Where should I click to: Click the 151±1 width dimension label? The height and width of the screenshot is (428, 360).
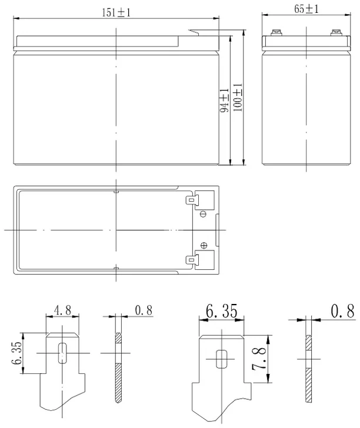click(x=116, y=12)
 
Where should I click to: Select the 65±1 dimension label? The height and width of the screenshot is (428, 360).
click(x=306, y=9)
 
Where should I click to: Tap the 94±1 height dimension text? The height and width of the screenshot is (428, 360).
click(x=224, y=101)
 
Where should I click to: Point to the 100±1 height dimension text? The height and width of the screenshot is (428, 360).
click(x=238, y=98)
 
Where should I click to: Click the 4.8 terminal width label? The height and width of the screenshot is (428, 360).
click(x=62, y=310)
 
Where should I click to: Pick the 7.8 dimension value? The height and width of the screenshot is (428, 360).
click(x=259, y=359)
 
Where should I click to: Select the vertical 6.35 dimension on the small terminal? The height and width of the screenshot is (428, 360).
click(x=16, y=353)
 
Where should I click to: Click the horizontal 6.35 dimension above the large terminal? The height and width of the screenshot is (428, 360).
click(x=222, y=311)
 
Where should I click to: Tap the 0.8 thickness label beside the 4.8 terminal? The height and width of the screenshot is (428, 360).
click(x=144, y=310)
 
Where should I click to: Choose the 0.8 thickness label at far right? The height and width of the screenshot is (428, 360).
click(x=342, y=310)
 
